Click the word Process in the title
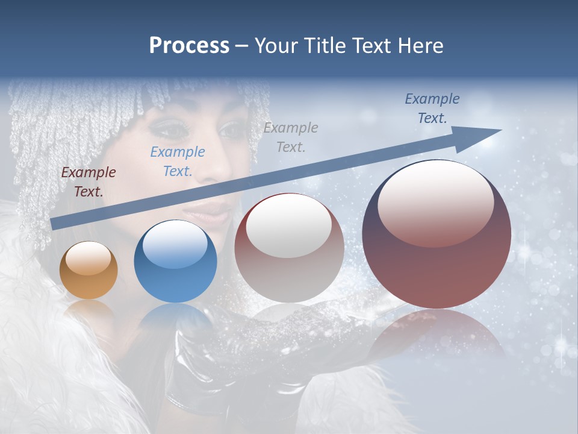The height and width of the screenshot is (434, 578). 189,45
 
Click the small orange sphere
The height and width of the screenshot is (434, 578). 89,270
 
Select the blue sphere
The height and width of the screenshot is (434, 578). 175,261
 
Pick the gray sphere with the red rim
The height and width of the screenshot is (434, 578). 289,248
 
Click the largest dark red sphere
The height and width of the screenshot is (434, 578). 437,234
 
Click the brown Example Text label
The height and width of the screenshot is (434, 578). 89,182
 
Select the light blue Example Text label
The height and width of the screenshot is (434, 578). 178,162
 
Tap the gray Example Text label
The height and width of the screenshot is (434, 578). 291,137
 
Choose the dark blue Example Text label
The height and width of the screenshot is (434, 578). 432,108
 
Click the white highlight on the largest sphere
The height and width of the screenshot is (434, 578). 435,204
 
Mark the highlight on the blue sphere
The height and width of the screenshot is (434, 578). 175,245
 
